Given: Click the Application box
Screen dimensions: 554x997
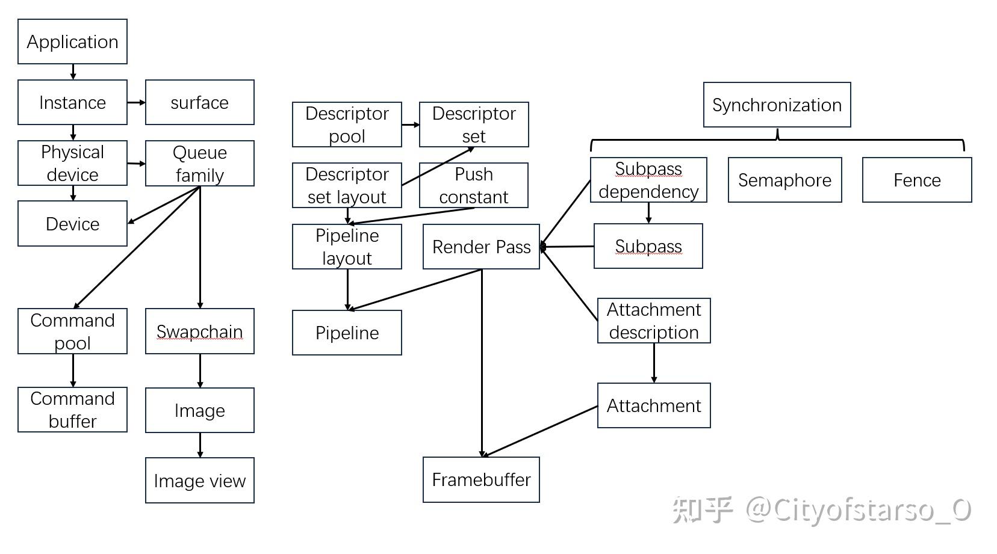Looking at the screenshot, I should (72, 42).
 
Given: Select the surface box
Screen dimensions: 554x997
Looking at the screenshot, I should (199, 102).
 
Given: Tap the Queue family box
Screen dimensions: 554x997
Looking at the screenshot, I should (199, 163).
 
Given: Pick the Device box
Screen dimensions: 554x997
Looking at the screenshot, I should (72, 224).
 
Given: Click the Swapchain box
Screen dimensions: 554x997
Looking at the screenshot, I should (199, 331).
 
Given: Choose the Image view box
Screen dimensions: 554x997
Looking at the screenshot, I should (199, 480).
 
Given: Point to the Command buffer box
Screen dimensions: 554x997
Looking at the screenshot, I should (72, 410).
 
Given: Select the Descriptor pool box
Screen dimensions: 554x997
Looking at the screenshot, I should (347, 125).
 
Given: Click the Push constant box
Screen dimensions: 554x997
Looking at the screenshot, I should (473, 185).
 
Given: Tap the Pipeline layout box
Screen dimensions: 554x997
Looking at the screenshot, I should (347, 247).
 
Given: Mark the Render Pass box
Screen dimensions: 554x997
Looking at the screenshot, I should (481, 247).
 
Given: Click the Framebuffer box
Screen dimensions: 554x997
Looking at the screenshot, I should (481, 479).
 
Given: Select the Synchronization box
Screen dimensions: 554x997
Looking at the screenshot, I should (777, 105).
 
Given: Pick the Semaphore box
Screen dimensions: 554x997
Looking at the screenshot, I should (784, 180).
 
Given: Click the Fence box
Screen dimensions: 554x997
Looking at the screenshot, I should (916, 180).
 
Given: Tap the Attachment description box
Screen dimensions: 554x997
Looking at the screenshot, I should (654, 321).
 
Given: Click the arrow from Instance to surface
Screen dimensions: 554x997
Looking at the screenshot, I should (136, 102).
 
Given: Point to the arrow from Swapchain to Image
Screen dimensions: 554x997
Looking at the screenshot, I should (200, 371).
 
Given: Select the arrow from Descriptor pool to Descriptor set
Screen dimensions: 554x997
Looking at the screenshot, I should (410, 125).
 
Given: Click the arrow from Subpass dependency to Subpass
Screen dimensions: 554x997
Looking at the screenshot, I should (648, 213).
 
